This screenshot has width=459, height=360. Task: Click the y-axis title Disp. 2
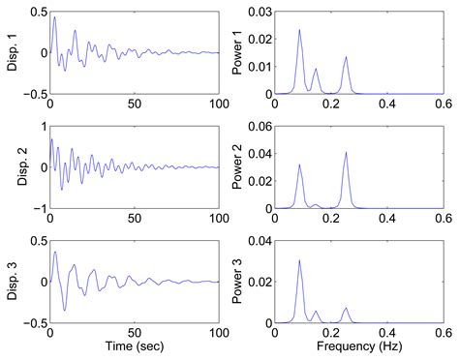coord(13,167)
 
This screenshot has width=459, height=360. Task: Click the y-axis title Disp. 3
coord(13,282)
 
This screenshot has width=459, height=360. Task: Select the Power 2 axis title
coord(238,167)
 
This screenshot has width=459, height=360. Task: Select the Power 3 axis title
coord(238,282)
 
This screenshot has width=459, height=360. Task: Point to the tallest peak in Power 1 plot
coord(299,30)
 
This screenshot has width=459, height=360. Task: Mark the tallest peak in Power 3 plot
coord(299,260)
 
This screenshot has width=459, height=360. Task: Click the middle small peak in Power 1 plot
coord(316,70)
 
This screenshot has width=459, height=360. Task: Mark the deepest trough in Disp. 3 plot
coord(65,310)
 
